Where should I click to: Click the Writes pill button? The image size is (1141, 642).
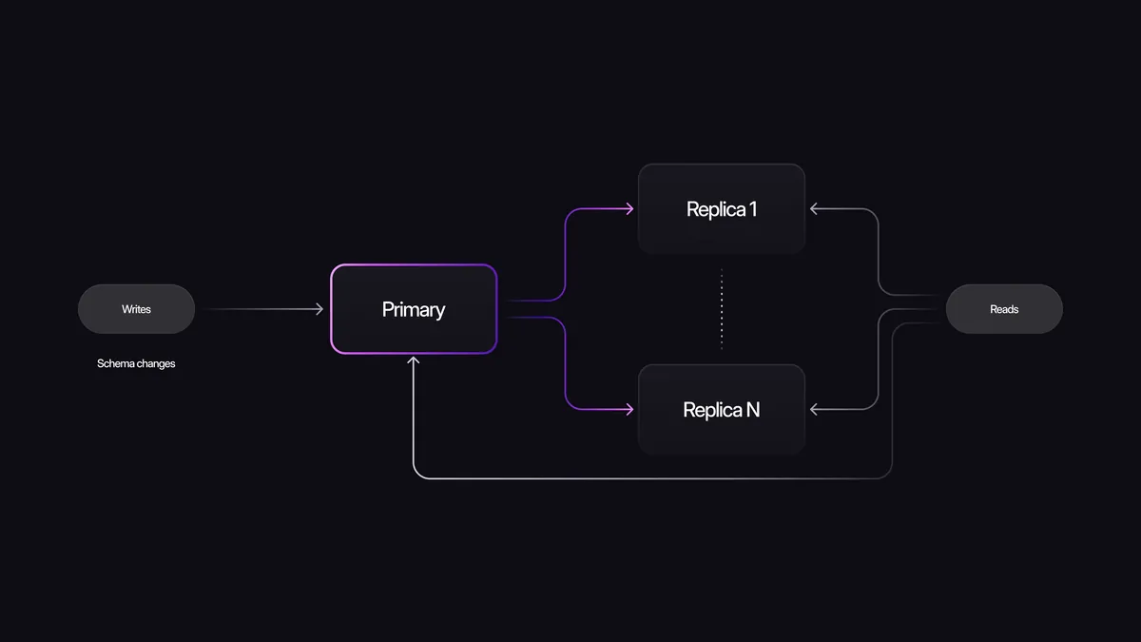click(x=136, y=309)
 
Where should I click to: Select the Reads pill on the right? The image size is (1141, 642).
click(x=1004, y=309)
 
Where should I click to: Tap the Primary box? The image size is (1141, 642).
click(x=414, y=309)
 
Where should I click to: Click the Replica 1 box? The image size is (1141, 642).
click(x=722, y=209)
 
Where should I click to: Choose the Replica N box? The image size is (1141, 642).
click(x=722, y=410)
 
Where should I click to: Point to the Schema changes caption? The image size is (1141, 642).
click(x=136, y=363)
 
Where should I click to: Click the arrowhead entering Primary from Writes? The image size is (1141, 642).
click(x=319, y=309)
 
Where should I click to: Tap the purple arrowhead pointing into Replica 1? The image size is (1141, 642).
click(x=629, y=209)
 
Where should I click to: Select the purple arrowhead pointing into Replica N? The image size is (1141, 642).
click(x=629, y=410)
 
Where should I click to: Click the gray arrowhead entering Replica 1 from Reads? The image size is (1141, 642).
click(x=814, y=209)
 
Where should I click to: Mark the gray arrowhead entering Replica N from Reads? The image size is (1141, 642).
click(x=814, y=410)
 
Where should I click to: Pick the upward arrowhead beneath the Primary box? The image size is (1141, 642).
click(x=414, y=361)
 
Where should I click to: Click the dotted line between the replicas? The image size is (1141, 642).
click(x=722, y=309)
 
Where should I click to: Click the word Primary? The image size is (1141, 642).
click(x=414, y=309)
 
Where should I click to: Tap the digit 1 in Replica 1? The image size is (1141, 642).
click(x=753, y=209)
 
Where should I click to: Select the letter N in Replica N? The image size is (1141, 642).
click(x=751, y=410)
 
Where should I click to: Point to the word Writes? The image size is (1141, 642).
click(x=136, y=309)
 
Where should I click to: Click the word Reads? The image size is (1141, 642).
click(x=1004, y=309)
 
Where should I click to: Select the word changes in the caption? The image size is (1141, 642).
click(x=156, y=363)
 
